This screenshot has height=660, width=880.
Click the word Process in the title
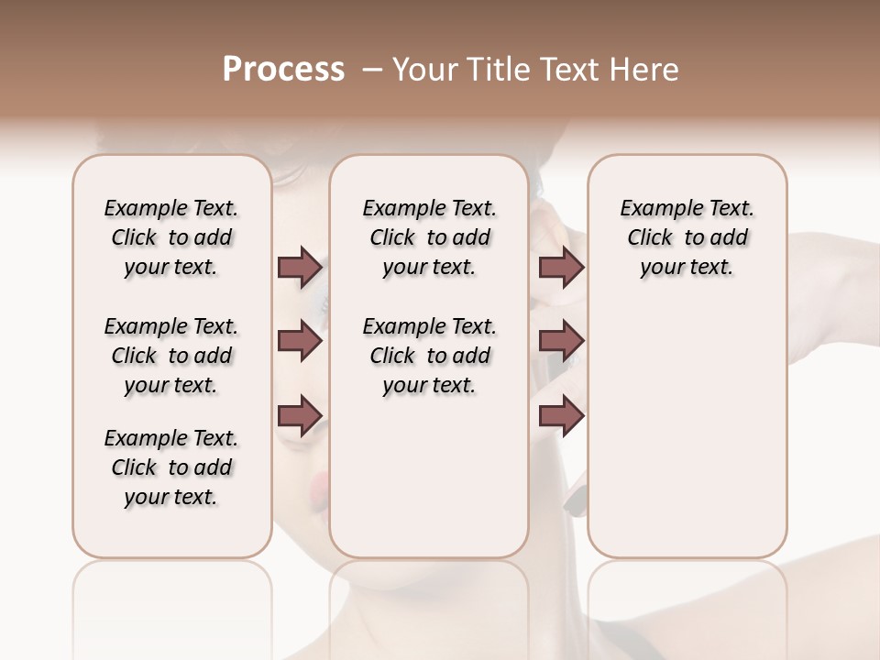coord(283,71)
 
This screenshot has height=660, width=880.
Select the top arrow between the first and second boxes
coord(300,268)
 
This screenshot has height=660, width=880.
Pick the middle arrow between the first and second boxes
coord(300,342)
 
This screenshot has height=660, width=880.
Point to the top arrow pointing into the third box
coord(561,268)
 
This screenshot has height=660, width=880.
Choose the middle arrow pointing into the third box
coord(561,342)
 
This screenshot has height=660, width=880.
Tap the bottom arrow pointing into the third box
coord(561,415)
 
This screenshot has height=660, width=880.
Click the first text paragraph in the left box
coord(171,237)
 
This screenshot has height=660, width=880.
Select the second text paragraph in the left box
coord(171,356)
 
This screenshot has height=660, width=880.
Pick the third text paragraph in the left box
coord(171,467)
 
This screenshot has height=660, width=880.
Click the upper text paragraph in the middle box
coord(429,237)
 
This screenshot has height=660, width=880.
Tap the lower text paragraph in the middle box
coord(429,356)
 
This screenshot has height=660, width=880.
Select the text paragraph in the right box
coord(687,237)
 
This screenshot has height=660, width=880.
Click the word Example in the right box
coord(654,209)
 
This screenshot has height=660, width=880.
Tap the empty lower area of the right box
coord(687,440)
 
